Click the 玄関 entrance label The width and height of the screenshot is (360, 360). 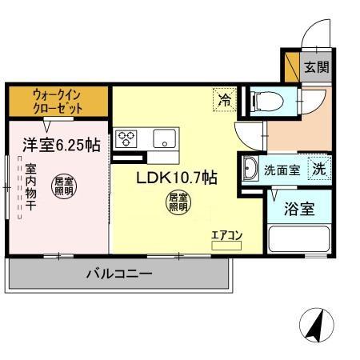point(315,67)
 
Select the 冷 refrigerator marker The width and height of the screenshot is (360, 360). point(225,100)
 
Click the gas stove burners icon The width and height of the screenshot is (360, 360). point(126,138)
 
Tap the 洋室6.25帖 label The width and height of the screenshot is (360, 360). point(60,146)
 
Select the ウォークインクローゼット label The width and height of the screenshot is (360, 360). point(58,100)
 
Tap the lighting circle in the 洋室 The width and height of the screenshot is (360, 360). point(64,187)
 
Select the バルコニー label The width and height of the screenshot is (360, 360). point(119,274)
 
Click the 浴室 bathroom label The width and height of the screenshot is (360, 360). point(300,210)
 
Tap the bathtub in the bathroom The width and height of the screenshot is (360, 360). point(300,241)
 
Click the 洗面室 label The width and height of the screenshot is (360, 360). point(282,170)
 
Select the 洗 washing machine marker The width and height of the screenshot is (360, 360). point(319,169)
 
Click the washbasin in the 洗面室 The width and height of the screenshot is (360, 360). point(250,169)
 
